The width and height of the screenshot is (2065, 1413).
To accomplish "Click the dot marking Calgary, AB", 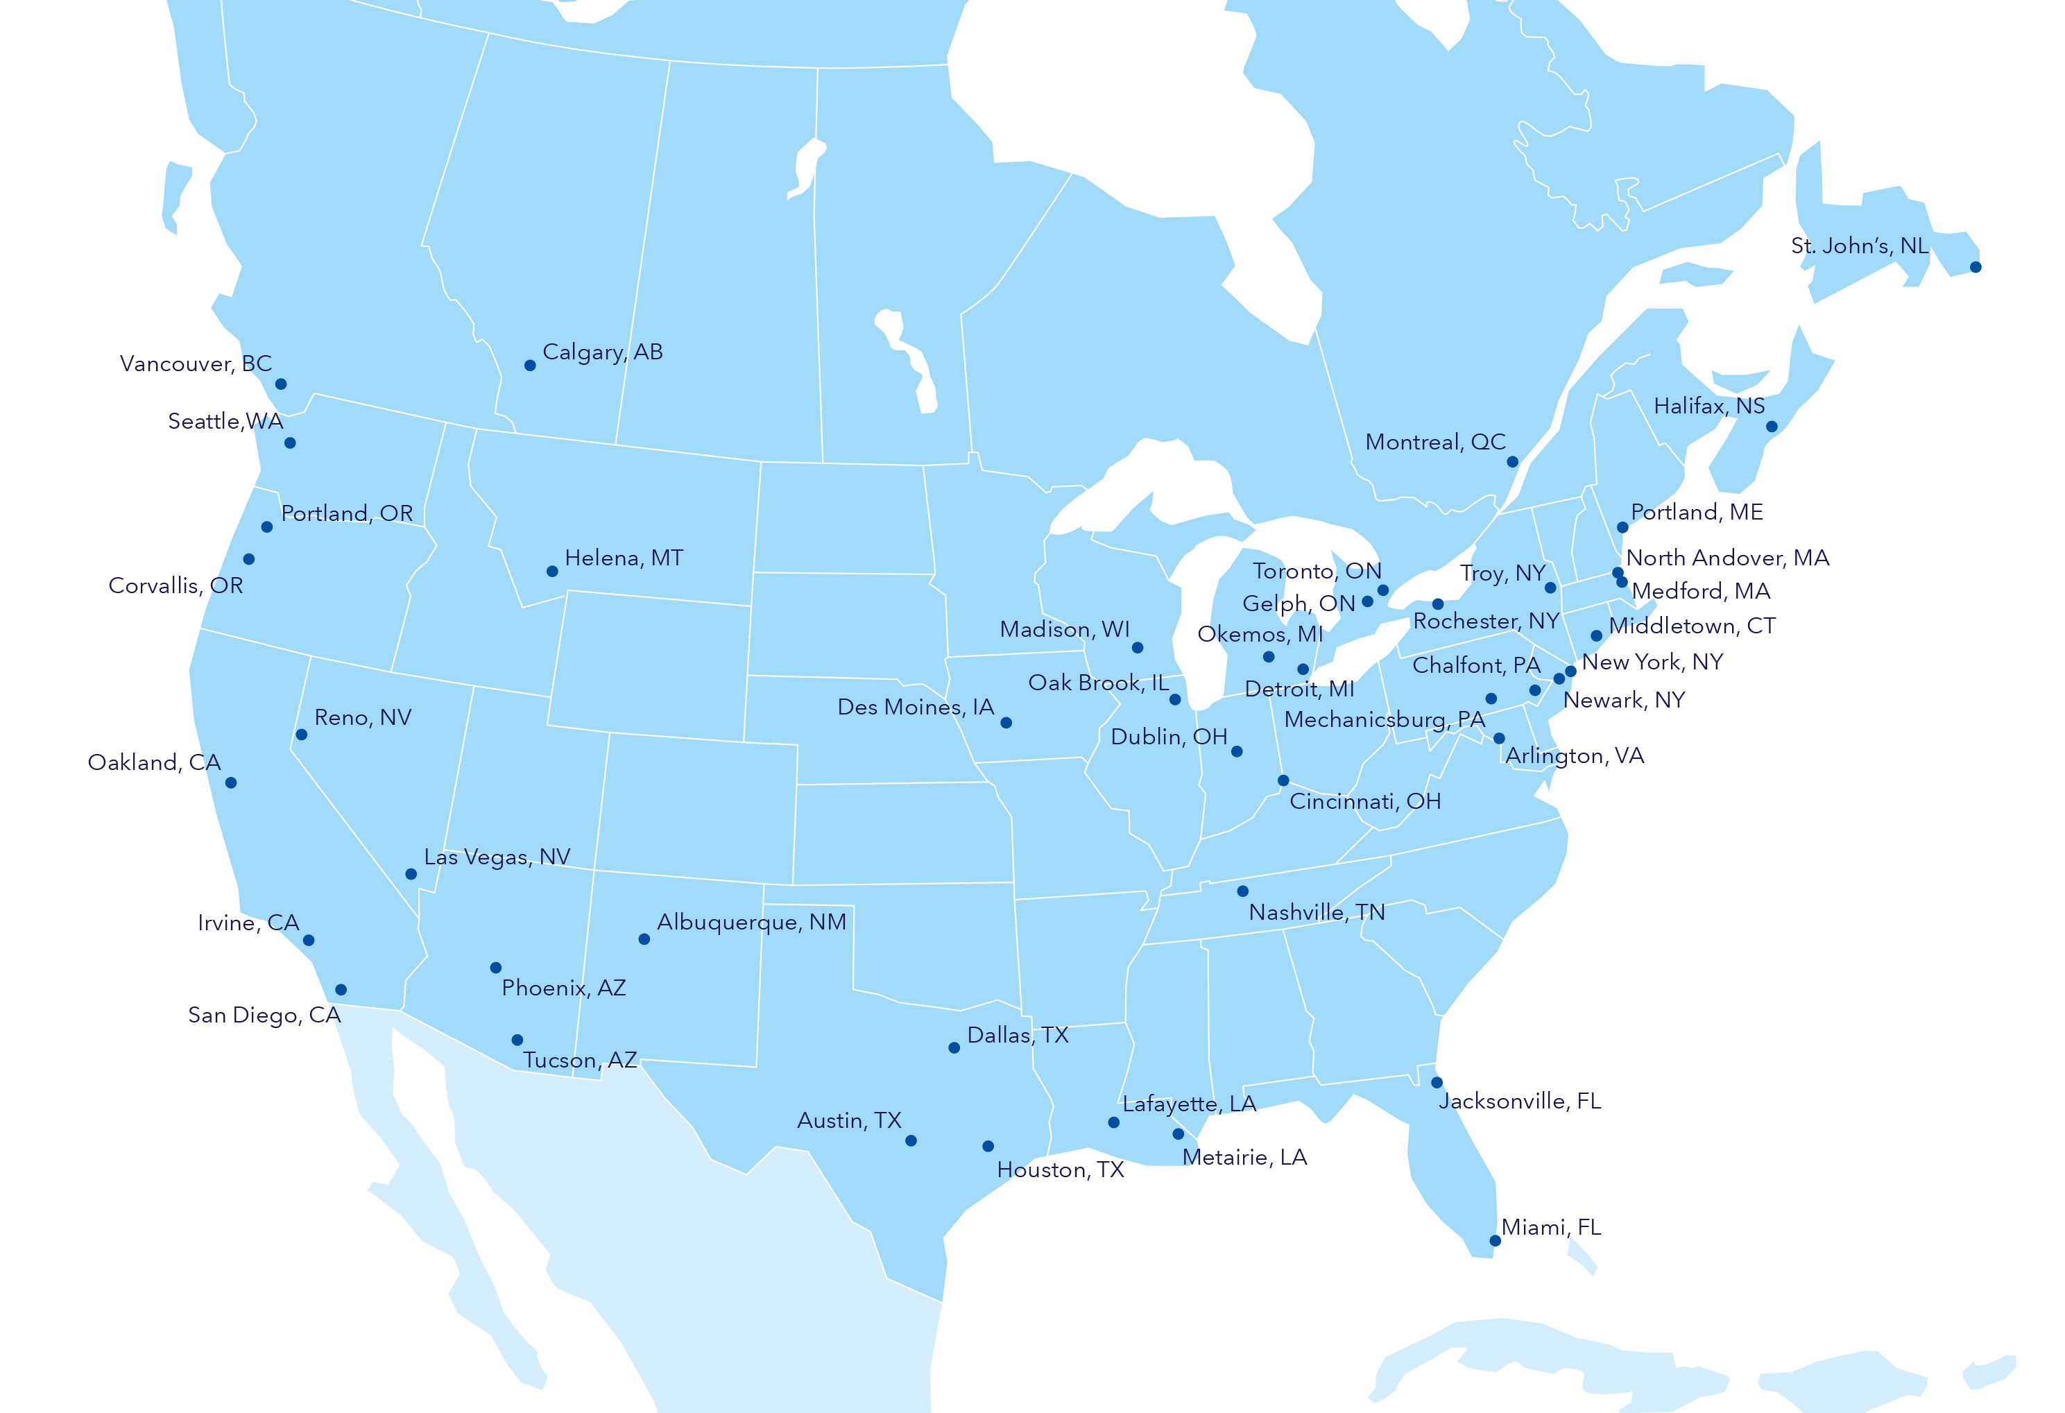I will click(529, 366).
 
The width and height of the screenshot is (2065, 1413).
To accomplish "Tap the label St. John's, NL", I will click(1859, 246).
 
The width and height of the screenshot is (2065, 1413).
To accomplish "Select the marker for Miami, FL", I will click(1495, 1240).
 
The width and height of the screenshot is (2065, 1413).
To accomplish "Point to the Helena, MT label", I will click(624, 558).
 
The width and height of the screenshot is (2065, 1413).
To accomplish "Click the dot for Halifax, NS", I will click(1771, 427).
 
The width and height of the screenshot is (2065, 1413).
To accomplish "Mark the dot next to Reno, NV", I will click(301, 735).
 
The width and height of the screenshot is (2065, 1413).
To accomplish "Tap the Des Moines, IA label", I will click(915, 708).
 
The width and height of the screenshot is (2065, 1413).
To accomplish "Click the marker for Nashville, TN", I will click(1242, 891).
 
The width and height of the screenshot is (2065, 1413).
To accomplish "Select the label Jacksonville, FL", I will click(1519, 1101).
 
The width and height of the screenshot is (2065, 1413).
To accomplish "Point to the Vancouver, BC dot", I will click(281, 384).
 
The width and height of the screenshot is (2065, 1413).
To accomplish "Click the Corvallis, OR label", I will click(175, 585).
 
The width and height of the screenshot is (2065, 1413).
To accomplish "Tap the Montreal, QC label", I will click(1435, 443).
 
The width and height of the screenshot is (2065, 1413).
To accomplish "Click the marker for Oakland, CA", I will click(231, 783).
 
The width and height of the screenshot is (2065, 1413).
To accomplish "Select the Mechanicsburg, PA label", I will click(1385, 720).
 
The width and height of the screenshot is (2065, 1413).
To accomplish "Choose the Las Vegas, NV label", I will click(497, 857).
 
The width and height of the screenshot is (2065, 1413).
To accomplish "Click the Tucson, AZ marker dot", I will click(517, 1040).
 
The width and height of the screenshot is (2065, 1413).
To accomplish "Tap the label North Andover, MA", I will click(1726, 558).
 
